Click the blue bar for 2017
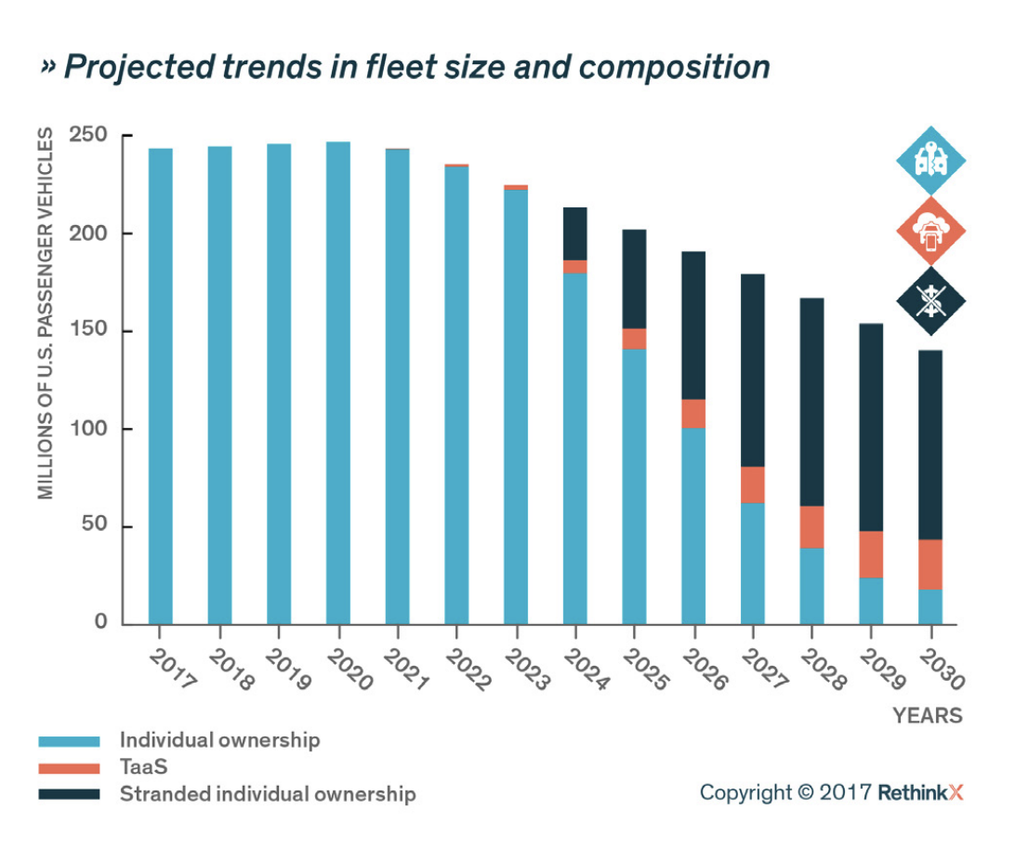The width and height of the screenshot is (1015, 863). [x=160, y=386]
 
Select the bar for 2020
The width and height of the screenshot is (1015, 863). [x=337, y=382]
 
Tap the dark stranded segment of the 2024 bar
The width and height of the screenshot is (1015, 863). [x=575, y=233]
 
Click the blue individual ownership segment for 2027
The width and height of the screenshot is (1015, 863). [x=753, y=564]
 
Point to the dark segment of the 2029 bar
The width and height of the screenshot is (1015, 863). [x=871, y=427]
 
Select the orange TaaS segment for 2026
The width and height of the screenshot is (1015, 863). [x=693, y=413]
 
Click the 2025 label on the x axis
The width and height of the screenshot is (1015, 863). [x=644, y=670]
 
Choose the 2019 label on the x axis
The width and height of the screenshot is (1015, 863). [x=289, y=670]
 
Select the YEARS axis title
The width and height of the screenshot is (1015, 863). [x=927, y=716]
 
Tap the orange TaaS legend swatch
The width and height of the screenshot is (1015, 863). [x=69, y=768]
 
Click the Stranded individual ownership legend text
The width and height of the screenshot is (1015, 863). [x=268, y=794]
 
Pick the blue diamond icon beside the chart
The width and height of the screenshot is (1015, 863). [x=930, y=161]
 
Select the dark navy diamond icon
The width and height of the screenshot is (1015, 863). [x=930, y=299]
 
